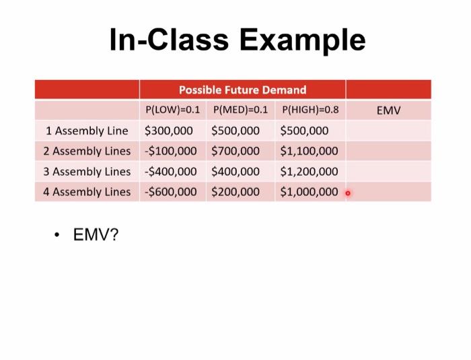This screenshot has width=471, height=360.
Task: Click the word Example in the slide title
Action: pos(302,40)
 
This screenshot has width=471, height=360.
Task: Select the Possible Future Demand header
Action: pos(242,89)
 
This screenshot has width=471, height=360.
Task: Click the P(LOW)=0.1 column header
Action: pos(172,110)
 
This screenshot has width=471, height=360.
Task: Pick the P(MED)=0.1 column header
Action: pos(240,110)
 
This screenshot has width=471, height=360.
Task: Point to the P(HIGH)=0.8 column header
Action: pos(310,110)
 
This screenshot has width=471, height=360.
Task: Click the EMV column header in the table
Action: pos(388,110)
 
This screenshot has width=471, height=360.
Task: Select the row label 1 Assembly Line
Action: pos(87,131)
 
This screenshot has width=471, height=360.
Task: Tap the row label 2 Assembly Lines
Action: pos(87,151)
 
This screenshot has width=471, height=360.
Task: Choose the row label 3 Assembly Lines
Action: pos(87,172)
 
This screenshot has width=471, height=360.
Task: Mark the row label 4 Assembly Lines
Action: pos(87,192)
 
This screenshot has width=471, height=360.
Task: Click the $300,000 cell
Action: pos(168,131)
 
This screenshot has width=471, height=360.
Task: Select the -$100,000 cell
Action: pos(170,151)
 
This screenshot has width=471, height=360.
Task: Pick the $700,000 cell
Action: pos(235,151)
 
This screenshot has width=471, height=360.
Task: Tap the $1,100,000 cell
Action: pos(309,151)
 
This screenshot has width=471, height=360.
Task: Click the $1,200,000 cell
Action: pos(309,172)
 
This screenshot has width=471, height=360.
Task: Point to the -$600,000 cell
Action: pos(170,192)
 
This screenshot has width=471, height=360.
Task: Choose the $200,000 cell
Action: pos(235,192)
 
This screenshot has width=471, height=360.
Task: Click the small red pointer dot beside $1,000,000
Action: pos(348,193)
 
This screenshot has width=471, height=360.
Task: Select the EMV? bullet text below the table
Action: pos(96,235)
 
